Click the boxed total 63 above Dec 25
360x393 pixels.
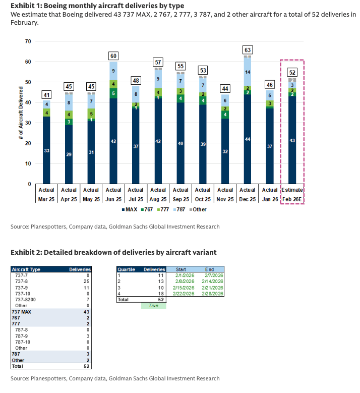247,50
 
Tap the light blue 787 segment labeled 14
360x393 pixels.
247,72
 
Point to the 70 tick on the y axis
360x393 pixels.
28,41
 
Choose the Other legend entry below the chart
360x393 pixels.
198,209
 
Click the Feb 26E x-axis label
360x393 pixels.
292,199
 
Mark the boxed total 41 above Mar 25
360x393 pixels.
46,95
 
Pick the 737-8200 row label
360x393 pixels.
25,299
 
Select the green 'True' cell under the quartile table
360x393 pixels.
154,305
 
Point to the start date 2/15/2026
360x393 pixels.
184,287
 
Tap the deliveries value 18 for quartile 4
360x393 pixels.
161,293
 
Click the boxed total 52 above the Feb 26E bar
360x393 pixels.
292,72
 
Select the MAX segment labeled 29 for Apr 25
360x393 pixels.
69,154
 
